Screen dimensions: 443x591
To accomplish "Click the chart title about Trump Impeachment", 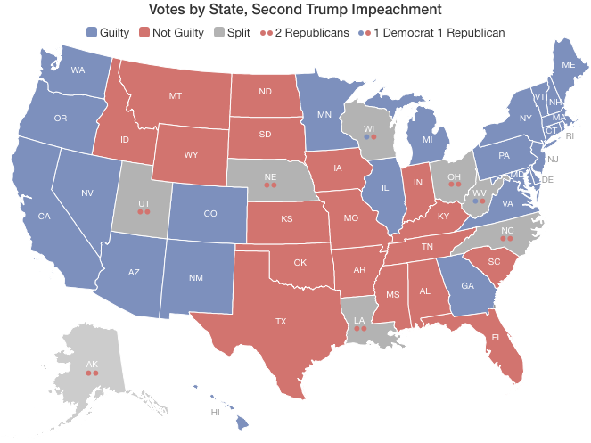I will pyautogui.click(x=295, y=10).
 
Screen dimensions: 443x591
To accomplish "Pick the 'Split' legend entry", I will pyautogui.click(x=232, y=32).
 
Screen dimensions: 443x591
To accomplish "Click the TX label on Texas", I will pyautogui.click(x=281, y=321).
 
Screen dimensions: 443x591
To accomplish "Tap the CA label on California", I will pyautogui.click(x=44, y=216).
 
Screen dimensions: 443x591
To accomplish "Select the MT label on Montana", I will pyautogui.click(x=176, y=95).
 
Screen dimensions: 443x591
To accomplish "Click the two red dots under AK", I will pyautogui.click(x=91, y=373).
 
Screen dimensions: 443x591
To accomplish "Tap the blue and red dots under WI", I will pyautogui.click(x=371, y=137).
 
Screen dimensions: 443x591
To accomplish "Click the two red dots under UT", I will pyautogui.click(x=144, y=212).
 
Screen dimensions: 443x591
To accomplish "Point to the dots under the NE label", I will pyautogui.click(x=270, y=185).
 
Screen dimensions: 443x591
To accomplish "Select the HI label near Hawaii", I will pyautogui.click(x=215, y=413).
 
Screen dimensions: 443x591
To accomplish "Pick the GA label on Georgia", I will pyautogui.click(x=467, y=286).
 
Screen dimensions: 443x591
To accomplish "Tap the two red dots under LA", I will pyautogui.click(x=360, y=328).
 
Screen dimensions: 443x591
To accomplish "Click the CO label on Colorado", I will pyautogui.click(x=209, y=214).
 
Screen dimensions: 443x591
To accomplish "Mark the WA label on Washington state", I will pyautogui.click(x=78, y=70).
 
